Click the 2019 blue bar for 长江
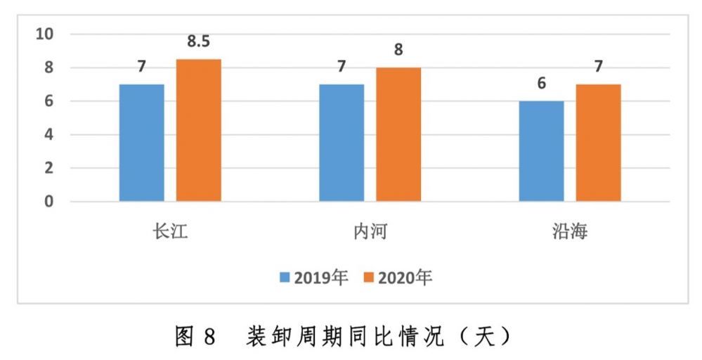[x=141, y=143]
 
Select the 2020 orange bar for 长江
[x=198, y=130]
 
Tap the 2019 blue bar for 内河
[x=342, y=143]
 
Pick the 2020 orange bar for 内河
[x=398, y=134]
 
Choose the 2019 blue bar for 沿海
[x=541, y=151]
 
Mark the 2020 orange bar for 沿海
[x=598, y=143]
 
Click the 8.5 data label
[x=198, y=41]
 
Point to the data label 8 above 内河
[x=398, y=51]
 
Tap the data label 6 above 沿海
[x=541, y=84]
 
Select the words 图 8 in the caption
[x=194, y=337]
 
